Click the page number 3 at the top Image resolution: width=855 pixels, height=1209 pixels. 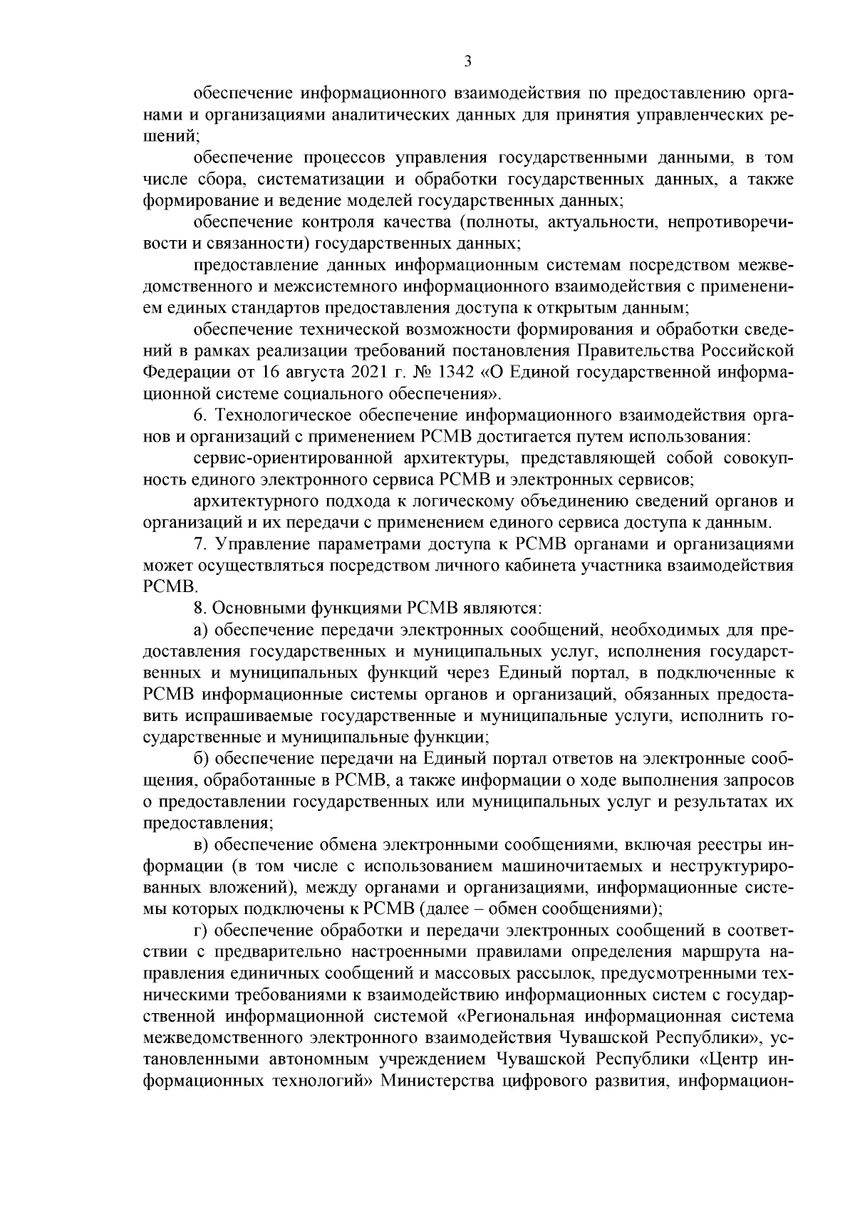pyautogui.click(x=467, y=62)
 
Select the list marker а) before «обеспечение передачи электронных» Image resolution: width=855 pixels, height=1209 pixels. pyautogui.click(x=201, y=631)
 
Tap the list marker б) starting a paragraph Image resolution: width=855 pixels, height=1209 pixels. pyautogui.click(x=201, y=759)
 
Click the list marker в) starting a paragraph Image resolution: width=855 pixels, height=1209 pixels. pyautogui.click(x=201, y=846)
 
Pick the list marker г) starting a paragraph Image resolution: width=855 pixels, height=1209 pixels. pyautogui.click(x=200, y=931)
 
